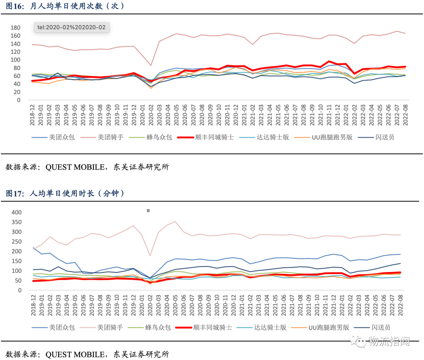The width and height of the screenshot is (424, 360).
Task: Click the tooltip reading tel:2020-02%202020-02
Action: (71, 27)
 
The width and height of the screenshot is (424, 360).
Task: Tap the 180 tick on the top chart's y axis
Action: (16, 27)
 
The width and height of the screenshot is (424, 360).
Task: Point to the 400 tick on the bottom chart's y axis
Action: (16, 212)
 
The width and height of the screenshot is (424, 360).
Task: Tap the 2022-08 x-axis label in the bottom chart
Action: (406, 305)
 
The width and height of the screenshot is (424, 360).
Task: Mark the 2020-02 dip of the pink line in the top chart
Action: (151, 66)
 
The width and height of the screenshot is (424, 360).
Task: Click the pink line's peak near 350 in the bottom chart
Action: (175, 221)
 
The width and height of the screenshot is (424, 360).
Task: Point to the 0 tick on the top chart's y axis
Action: (18, 100)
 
